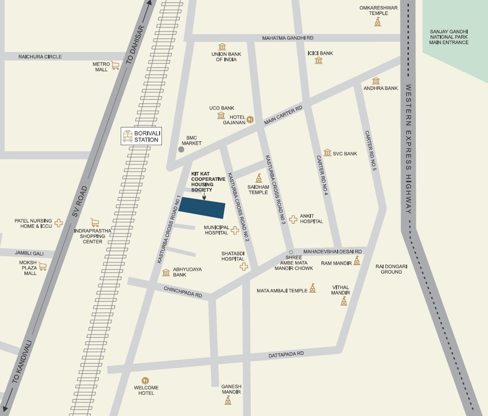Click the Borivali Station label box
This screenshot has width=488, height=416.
(142, 136)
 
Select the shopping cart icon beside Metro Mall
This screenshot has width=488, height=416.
(115, 66)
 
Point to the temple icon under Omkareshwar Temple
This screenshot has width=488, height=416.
(378, 22)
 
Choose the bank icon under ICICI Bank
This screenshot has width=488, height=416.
(318, 61)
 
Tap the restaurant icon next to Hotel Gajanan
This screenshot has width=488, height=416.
(250, 119)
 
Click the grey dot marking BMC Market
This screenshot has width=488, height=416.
(181, 149)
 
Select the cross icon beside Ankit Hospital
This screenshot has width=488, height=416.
(293, 219)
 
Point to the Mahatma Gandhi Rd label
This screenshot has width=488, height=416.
(287, 38)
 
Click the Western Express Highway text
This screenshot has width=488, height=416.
(408, 149)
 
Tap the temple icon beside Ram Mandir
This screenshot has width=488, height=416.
(357, 261)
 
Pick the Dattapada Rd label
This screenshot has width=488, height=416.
(286, 354)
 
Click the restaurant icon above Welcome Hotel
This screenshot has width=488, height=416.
(145, 380)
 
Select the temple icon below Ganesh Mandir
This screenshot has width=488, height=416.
(228, 400)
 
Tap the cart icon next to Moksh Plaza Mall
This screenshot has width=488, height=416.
(43, 266)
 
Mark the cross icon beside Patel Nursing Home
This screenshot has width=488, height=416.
(59, 223)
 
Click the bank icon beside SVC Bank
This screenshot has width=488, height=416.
(327, 153)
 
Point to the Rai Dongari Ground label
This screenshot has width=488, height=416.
(389, 269)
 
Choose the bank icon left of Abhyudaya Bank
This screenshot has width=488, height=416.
(166, 273)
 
